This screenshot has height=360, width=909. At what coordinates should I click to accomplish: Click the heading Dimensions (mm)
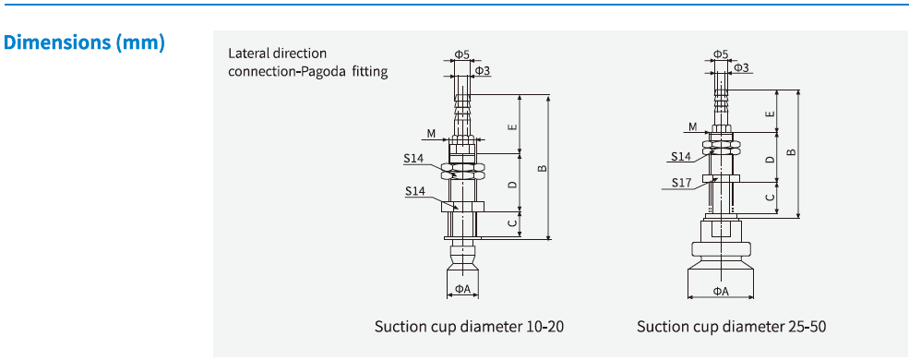[85, 42]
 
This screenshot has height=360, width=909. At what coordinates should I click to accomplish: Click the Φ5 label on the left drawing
[461, 54]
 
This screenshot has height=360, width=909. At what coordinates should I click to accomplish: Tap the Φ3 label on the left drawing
[482, 70]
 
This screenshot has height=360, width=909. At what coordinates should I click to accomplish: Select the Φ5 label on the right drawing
[722, 54]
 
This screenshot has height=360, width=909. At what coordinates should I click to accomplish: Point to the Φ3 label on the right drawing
[741, 67]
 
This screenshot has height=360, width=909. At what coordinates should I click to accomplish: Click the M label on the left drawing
[431, 134]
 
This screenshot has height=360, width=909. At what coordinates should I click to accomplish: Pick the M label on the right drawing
[692, 126]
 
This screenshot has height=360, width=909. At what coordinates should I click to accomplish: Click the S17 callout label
[682, 182]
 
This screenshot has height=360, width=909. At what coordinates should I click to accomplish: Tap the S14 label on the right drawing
[682, 157]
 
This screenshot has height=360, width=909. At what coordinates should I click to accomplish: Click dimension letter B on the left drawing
[543, 167]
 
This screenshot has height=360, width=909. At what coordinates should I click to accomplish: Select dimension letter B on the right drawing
[791, 152]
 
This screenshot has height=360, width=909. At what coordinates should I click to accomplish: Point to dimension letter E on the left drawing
[513, 125]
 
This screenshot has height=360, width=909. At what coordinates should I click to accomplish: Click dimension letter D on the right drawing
[771, 159]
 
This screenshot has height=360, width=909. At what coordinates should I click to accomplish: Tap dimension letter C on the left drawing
[513, 222]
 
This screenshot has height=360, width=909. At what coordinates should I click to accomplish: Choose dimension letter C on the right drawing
[771, 197]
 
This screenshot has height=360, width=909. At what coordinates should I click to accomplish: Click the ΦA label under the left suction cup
[462, 289]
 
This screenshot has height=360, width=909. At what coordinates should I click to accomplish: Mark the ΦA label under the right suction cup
[721, 292]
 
